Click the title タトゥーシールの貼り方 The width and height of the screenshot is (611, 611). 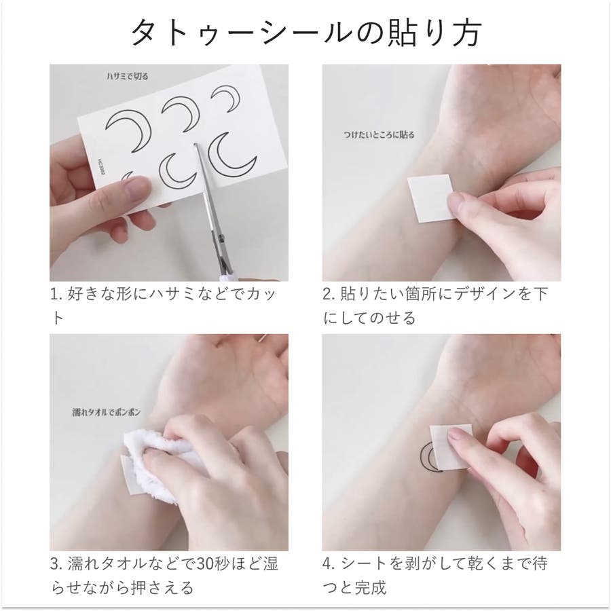[x=306, y=34]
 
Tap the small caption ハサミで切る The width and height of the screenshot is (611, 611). [x=128, y=76]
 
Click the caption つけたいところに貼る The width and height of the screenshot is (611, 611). [x=379, y=135]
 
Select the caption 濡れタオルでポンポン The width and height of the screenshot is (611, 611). [x=107, y=412]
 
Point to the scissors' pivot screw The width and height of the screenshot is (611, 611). [x=222, y=236]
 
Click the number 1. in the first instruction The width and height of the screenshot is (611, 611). [x=56, y=295]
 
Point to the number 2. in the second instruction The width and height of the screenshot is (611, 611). [x=329, y=295]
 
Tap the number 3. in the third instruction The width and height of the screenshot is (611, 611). [x=57, y=564]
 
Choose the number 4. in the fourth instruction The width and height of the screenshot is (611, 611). [x=329, y=564]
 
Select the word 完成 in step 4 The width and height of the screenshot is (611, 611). [x=370, y=588]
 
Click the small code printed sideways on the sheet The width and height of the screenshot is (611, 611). [x=100, y=168]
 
